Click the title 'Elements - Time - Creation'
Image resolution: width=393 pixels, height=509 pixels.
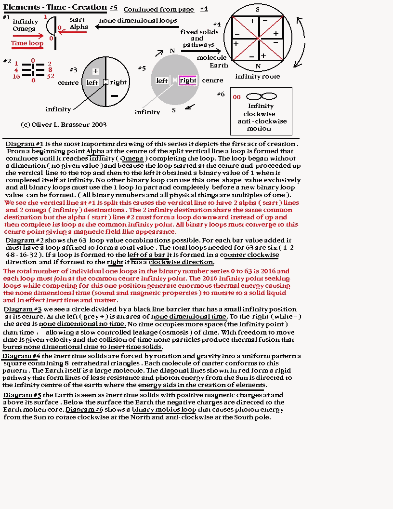(x=55, y=7)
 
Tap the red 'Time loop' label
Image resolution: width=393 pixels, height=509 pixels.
(x=27, y=43)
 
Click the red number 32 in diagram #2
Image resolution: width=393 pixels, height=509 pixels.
(x=50, y=76)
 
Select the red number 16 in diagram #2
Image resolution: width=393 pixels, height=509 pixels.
(x=16, y=76)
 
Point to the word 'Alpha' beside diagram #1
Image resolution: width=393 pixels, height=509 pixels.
(x=79, y=27)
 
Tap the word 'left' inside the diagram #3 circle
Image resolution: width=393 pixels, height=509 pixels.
(x=92, y=82)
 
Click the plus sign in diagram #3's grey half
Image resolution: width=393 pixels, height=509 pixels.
(x=95, y=71)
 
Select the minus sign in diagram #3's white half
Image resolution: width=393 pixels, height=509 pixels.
(x=114, y=96)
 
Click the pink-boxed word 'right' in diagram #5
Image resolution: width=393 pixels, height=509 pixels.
(x=187, y=80)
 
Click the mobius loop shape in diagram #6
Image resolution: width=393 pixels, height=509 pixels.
(x=261, y=96)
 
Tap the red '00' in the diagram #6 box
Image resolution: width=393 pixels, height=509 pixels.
(x=236, y=97)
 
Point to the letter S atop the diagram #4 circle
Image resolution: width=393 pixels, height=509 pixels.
(x=258, y=10)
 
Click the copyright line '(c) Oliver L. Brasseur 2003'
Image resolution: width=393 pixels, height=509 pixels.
(x=64, y=124)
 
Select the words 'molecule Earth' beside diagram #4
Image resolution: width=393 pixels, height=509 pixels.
(x=212, y=61)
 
